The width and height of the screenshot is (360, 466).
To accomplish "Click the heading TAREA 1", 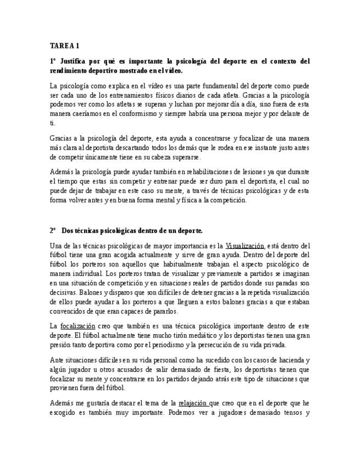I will coord(64,45).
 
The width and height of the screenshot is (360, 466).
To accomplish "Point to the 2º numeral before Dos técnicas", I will coord(53,230).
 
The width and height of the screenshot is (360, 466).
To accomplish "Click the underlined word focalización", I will coord(78,326).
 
